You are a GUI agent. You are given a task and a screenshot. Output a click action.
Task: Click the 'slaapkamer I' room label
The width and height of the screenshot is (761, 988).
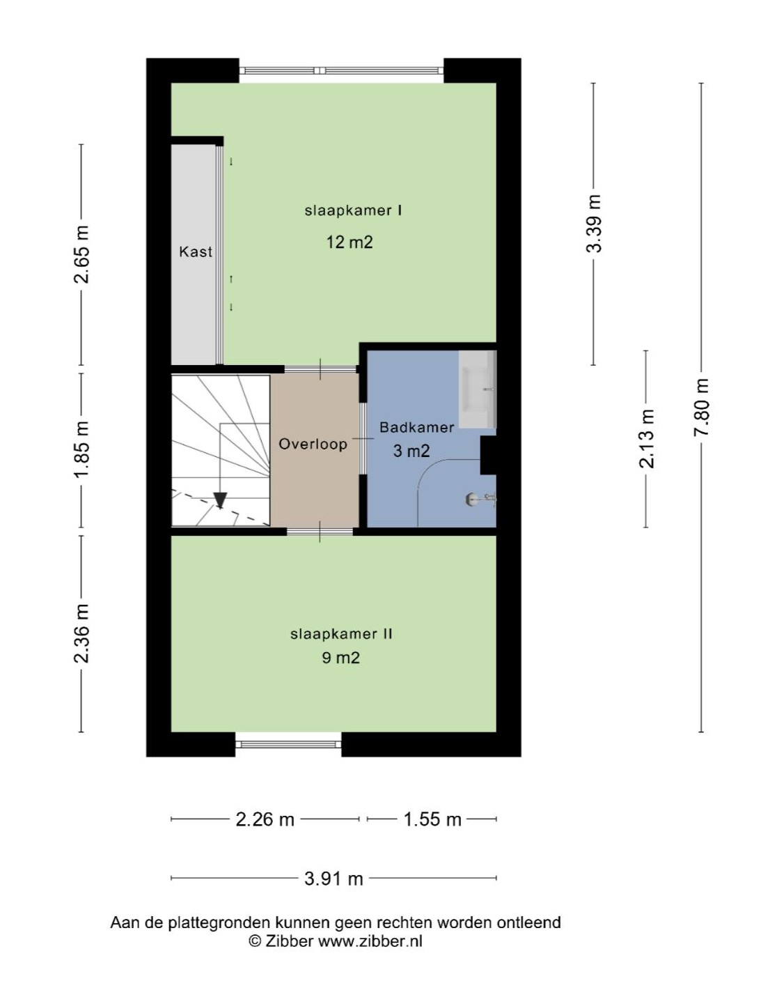(353, 210)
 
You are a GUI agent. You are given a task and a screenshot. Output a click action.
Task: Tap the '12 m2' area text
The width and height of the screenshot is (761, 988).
(350, 242)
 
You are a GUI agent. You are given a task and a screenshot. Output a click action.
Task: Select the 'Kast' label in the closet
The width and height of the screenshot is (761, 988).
(196, 252)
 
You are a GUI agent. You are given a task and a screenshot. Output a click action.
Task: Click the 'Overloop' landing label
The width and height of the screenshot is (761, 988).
(313, 444)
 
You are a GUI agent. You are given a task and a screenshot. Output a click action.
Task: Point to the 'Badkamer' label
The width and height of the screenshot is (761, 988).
(416, 427)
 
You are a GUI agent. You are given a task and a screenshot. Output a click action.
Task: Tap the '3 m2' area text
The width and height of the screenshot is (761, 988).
(411, 451)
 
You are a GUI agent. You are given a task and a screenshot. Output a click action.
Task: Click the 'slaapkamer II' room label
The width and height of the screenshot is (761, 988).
(341, 634)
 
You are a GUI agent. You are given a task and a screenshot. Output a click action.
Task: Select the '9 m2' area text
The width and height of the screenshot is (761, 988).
(340, 658)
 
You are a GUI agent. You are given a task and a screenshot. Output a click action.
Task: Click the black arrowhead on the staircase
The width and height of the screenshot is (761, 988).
(220, 500)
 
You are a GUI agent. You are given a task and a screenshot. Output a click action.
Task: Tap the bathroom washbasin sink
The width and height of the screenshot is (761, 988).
(477, 389)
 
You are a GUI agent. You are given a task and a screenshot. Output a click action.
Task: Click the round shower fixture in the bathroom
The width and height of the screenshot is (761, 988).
(471, 500)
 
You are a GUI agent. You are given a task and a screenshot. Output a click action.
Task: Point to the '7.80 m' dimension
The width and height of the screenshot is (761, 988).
(700, 408)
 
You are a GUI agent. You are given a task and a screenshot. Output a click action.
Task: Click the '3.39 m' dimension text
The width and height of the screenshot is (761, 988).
(593, 223)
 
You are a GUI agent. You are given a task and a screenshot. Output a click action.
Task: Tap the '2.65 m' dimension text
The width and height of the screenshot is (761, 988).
(81, 254)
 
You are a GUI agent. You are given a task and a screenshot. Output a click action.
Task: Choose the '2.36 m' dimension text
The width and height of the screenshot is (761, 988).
(81, 633)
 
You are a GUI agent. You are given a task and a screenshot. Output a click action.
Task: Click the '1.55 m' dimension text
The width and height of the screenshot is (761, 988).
(432, 819)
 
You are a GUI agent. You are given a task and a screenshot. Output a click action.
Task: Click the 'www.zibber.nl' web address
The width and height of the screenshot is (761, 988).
(370, 941)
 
